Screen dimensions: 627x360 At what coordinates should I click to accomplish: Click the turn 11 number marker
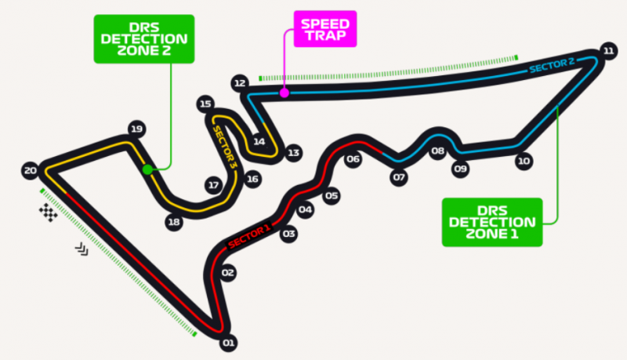point(608,51)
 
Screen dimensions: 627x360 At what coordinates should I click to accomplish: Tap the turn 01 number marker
point(228,343)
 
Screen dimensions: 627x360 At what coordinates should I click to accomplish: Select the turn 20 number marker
point(31,171)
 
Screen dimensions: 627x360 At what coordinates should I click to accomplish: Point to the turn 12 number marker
point(240,83)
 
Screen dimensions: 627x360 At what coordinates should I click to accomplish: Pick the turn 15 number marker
point(205,104)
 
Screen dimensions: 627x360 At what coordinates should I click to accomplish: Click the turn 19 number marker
point(136,129)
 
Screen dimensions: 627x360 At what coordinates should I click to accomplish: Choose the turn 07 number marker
point(399,177)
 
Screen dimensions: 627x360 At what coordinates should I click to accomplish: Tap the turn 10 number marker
point(524,162)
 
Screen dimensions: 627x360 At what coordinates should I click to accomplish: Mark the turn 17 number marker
point(213,185)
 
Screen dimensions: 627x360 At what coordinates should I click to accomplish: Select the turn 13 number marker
point(293,153)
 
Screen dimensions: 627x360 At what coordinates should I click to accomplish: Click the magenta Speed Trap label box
point(325,29)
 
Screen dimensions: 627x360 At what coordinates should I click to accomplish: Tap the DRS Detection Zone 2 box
point(144,39)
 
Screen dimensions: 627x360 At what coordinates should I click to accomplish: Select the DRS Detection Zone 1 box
point(492,223)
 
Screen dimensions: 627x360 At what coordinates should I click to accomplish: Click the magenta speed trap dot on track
point(285,93)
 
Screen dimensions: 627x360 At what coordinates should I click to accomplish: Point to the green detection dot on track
point(147,169)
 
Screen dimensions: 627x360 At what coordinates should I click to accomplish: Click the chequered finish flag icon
point(48,213)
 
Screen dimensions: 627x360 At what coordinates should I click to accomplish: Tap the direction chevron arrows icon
point(82,249)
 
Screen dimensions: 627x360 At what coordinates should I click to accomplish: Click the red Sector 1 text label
point(249,237)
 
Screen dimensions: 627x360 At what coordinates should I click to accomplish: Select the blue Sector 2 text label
point(552,66)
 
